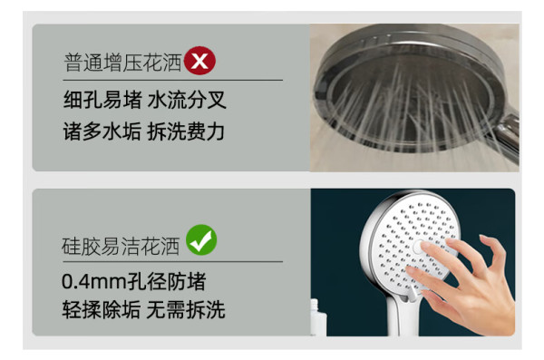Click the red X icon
point(199,61)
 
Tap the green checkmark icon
point(201,240)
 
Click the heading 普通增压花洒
point(122,63)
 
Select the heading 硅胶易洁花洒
point(121,247)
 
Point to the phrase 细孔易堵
point(102,100)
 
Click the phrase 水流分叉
point(187,100)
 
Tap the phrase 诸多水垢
point(102,131)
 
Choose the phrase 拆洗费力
point(186,131)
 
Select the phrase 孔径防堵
point(167,281)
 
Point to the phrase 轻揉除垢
point(102,309)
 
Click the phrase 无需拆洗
point(186,309)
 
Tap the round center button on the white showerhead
point(419,246)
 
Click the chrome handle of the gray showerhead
point(507,135)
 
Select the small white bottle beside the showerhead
point(318,317)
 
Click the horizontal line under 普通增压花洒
point(173,80)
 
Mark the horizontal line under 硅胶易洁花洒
point(172,261)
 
